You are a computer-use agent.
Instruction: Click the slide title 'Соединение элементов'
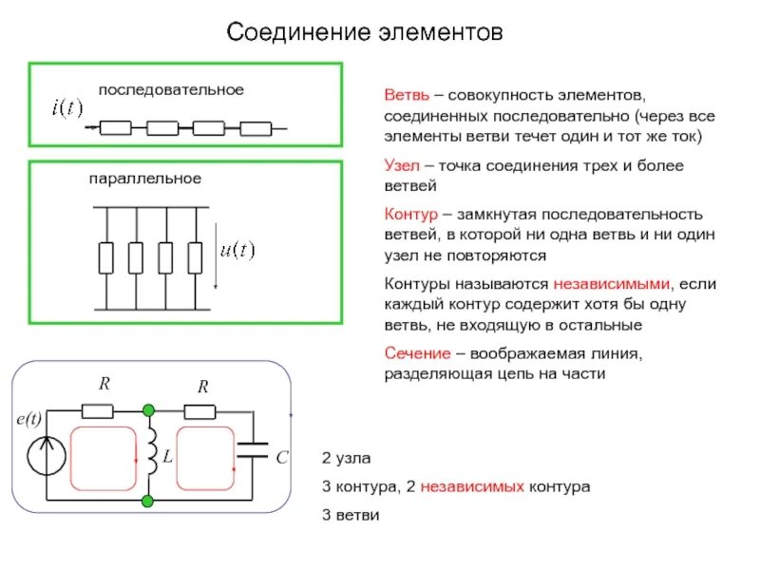pos(364,33)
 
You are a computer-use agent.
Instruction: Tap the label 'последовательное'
pos(171,89)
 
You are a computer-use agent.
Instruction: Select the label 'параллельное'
pos(145,178)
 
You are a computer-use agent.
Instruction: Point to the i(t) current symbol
pos(66,107)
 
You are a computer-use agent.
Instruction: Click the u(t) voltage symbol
pos(237,251)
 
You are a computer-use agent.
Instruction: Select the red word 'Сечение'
pos(415,353)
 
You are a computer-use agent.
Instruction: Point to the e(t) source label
pos(29,419)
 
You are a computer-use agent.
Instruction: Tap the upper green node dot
pos(148,410)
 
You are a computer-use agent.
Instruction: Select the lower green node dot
pos(148,499)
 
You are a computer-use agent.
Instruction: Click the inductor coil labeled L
pos(150,454)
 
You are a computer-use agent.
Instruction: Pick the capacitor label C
pos(282,458)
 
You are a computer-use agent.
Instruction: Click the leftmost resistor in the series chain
pos(116,128)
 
